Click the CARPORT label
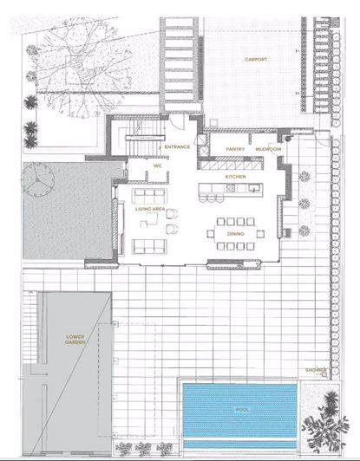256,60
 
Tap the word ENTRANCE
177,146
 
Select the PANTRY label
235,149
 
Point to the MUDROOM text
268,149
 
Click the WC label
158,166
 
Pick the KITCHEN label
235,177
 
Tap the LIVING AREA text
150,209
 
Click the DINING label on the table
235,234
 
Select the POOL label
242,410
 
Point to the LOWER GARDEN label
75,340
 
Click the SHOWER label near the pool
316,370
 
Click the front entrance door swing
178,121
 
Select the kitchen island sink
254,188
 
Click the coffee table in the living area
148,220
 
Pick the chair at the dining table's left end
211,234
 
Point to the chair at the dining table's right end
260,234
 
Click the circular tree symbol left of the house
38,179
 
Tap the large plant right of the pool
325,421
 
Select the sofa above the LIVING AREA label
149,196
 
